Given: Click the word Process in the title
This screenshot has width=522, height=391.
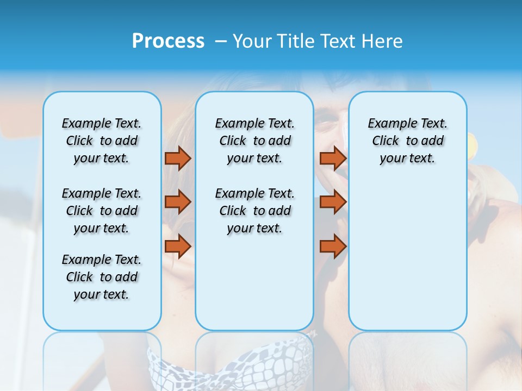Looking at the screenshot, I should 168,41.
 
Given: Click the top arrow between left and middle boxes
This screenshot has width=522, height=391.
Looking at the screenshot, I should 178,158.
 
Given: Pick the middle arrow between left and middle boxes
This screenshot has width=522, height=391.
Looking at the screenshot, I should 178,202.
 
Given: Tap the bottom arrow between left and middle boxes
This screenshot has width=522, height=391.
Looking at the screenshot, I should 178,246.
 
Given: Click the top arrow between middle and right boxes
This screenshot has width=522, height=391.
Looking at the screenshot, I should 333,158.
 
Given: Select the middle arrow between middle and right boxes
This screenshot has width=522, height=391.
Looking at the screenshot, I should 333,202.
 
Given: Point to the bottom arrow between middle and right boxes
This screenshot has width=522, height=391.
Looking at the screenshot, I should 333,246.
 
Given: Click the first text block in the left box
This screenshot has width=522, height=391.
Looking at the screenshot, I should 102,141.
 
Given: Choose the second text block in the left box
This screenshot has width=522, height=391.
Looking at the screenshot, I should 102,211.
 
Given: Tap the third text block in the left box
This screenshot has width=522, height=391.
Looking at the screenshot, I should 102,277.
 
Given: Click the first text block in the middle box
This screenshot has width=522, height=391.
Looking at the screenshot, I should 255,141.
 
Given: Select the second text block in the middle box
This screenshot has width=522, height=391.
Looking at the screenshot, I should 255,211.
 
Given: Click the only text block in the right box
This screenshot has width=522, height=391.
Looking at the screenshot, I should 408,141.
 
